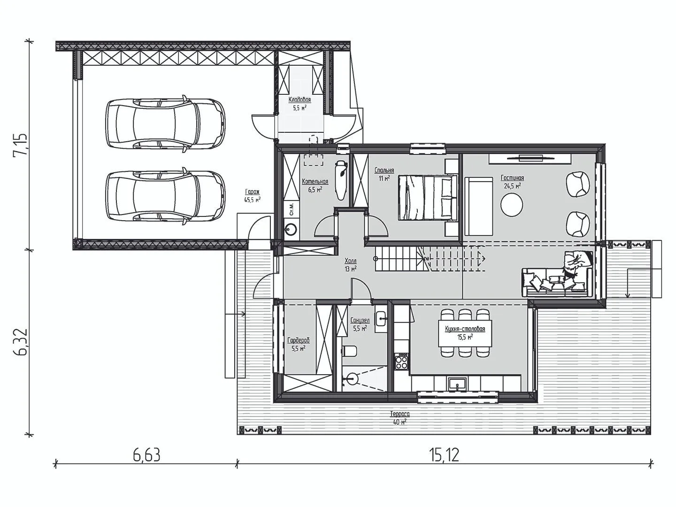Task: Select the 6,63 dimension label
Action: (146, 456)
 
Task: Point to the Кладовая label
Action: (300, 100)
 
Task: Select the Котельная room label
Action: (315, 182)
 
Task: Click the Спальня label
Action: (384, 170)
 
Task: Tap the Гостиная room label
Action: (512, 178)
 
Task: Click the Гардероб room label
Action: (299, 340)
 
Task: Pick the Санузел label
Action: (360, 321)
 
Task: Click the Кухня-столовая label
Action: (465, 329)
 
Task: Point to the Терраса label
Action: (400, 415)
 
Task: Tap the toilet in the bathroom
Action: (349, 350)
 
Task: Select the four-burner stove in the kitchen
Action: (401, 362)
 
